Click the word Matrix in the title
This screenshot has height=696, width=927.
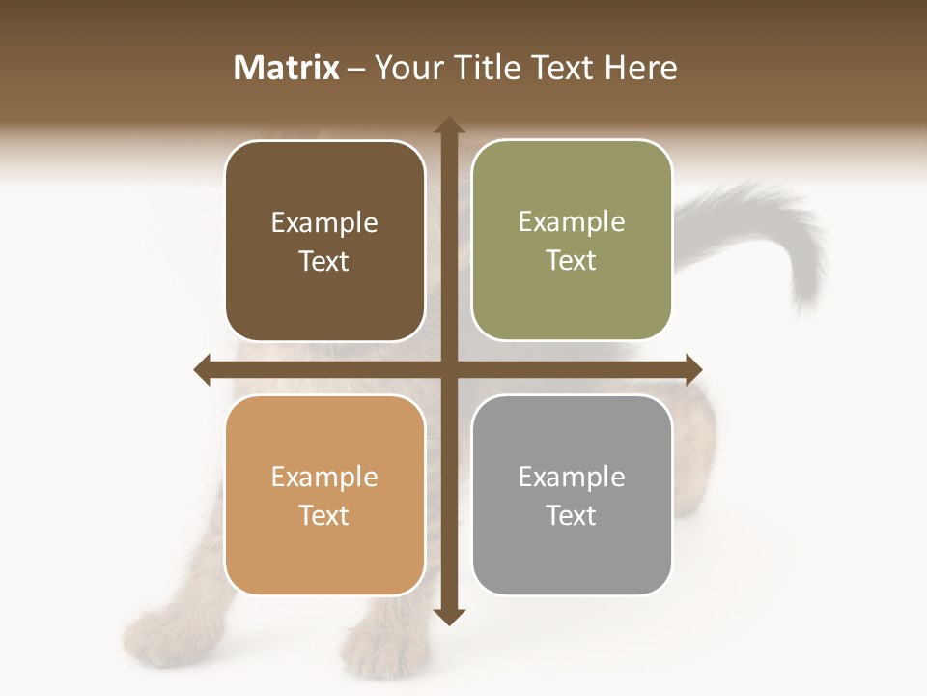coord(287,68)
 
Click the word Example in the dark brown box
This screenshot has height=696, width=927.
coord(324,223)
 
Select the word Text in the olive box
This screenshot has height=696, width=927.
coord(572,261)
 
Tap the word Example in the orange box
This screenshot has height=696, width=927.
coord(324,478)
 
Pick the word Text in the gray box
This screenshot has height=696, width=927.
coord(572,515)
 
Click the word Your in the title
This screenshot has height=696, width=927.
coord(406,68)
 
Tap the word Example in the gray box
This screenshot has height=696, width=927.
coord(572,478)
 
